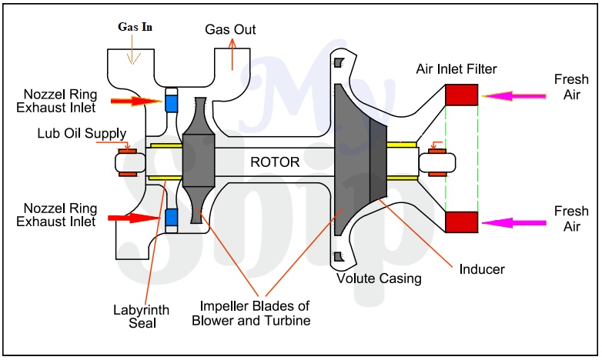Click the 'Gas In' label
[135, 25]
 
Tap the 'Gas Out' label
[230, 29]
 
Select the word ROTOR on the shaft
[269, 162]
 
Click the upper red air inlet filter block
[462, 95]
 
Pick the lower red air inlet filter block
[462, 222]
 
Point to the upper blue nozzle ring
[172, 102]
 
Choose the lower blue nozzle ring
[172, 218]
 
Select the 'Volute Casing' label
[379, 278]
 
